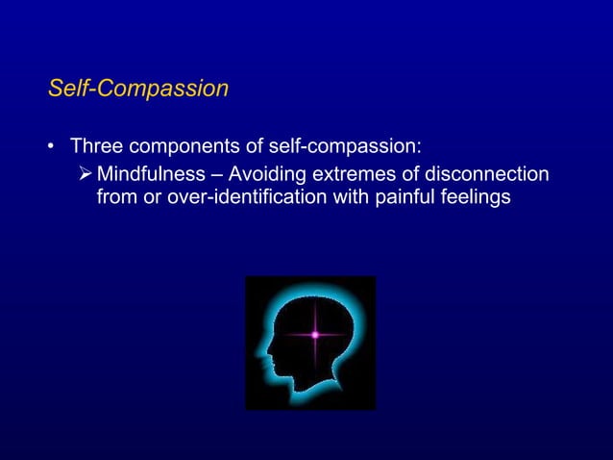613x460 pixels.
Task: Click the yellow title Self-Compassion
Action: tap(138, 89)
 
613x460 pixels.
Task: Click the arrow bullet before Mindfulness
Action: tap(85, 174)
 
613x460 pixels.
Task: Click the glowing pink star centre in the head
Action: tap(314, 335)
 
